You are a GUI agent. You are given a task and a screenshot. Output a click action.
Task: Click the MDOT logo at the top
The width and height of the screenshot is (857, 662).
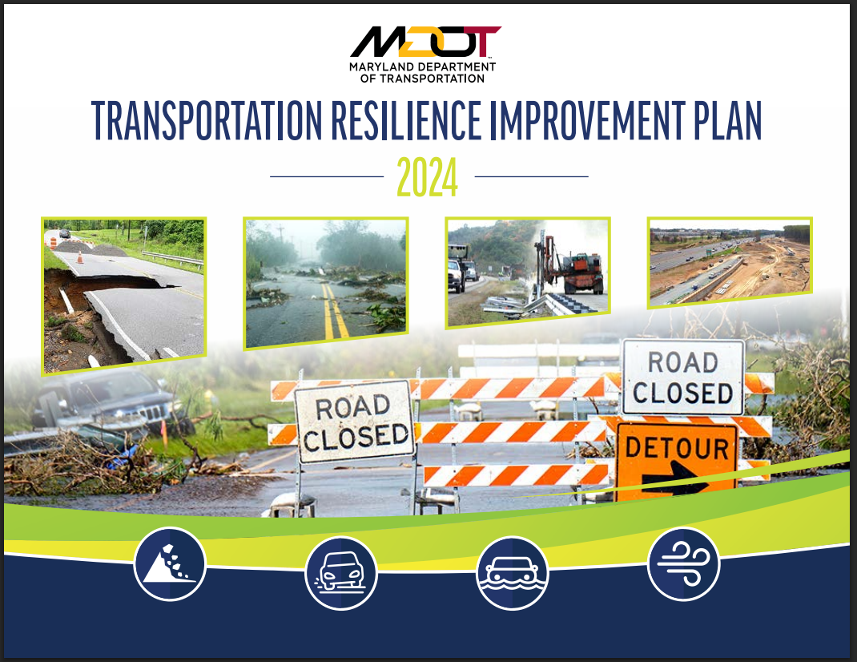click(424, 42)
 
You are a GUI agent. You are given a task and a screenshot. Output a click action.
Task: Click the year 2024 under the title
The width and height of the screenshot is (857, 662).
click(427, 177)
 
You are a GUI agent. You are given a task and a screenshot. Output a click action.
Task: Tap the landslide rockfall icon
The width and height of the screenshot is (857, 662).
click(170, 564)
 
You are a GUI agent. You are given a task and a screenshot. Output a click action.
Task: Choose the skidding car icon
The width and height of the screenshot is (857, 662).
click(341, 573)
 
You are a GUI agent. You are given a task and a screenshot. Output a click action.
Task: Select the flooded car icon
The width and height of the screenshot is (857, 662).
click(512, 573)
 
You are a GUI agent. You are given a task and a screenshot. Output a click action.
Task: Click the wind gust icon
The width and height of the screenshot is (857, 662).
click(683, 564)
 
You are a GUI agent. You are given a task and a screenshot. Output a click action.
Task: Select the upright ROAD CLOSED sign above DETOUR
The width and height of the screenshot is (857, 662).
click(683, 377)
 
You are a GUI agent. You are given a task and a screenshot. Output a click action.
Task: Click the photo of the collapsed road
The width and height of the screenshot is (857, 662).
click(123, 296)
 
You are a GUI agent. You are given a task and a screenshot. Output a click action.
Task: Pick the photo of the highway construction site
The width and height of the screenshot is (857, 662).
click(730, 261)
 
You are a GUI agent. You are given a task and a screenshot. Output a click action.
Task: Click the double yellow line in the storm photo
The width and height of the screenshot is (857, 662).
click(336, 311)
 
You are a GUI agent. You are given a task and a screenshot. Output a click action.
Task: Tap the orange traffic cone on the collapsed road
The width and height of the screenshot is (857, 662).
click(80, 256)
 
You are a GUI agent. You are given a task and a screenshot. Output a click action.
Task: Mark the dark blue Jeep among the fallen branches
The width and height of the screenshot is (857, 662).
click(107, 403)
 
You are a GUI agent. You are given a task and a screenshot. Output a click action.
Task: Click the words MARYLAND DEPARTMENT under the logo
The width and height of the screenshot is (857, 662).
click(422, 67)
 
